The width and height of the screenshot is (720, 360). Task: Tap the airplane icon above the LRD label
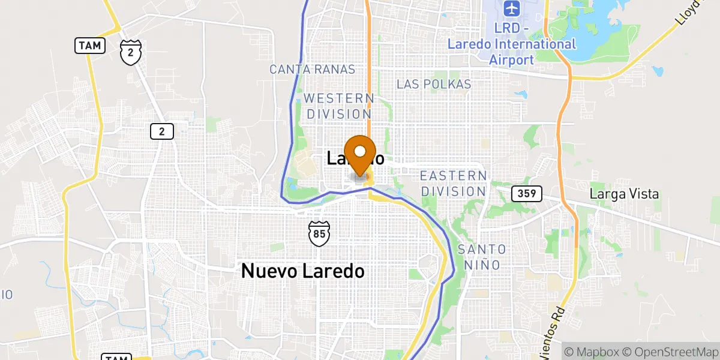[x=511, y=9]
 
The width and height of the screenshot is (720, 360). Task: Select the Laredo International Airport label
[x=512, y=52]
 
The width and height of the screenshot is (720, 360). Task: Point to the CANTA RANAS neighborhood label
[x=312, y=70]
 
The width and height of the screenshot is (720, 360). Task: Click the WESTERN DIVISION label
[x=338, y=106]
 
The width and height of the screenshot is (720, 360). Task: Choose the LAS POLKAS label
[x=434, y=84]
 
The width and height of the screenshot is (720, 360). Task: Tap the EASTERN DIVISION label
[x=453, y=184]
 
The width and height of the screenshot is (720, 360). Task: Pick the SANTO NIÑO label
[x=482, y=256]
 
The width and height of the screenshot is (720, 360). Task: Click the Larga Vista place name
[x=624, y=194]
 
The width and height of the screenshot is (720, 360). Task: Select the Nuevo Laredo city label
[x=302, y=271]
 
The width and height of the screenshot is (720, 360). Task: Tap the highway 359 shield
[x=527, y=194]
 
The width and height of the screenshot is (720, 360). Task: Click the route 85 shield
[x=318, y=232]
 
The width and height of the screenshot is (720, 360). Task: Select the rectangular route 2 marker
[x=162, y=131]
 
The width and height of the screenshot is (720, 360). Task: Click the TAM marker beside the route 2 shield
[x=90, y=45]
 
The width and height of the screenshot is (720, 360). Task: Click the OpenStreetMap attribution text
[x=671, y=351]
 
